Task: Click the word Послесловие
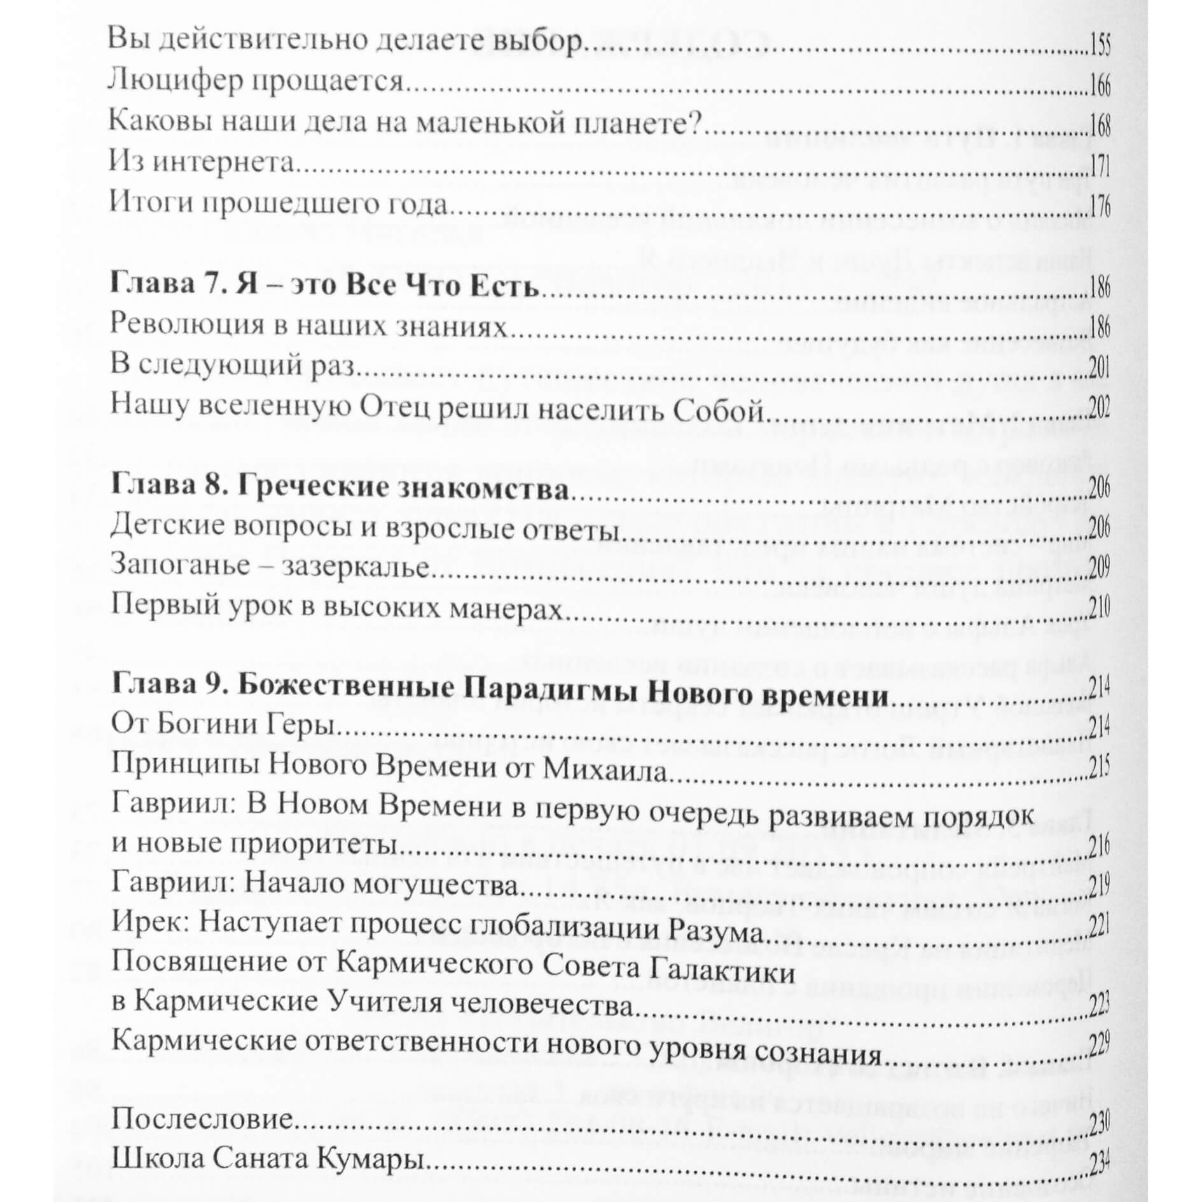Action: pos(202,1120)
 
